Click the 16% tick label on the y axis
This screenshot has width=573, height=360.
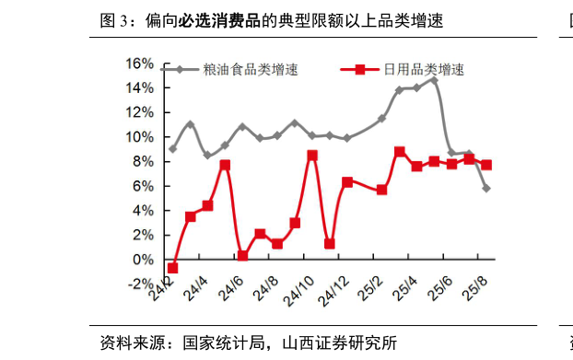coord(139,64)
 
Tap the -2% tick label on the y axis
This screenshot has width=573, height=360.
coord(139,285)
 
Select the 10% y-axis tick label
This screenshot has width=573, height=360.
coord(139,137)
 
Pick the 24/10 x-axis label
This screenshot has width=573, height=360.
coord(300,296)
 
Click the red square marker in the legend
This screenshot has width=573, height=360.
coord(360,69)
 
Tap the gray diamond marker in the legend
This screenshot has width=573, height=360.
coord(181,69)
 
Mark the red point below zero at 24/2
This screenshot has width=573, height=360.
coord(172,268)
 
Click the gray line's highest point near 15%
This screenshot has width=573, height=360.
coord(434,80)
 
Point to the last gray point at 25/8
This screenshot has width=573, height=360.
coord(486,189)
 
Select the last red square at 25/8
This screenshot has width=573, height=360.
coord(486,165)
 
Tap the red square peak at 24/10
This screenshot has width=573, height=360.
coord(312,156)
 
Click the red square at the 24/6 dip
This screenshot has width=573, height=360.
coord(242,256)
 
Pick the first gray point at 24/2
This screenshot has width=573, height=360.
coord(172,149)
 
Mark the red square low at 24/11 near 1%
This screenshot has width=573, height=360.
coord(330,244)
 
